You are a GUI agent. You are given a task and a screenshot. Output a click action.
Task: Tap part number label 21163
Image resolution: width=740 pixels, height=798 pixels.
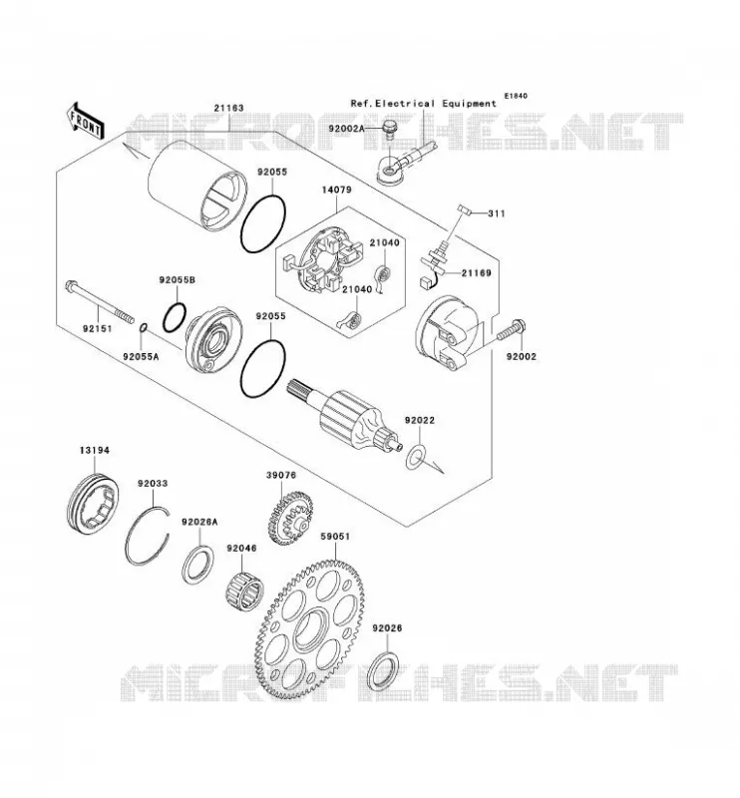pyautogui.click(x=228, y=108)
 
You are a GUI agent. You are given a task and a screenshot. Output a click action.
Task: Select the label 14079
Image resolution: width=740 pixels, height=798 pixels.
pyautogui.click(x=336, y=190)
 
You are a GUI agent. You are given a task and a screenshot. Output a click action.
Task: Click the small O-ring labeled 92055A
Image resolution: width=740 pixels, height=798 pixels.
pyautogui.click(x=144, y=328)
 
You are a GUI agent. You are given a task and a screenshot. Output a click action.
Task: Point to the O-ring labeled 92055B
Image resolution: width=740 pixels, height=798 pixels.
pyautogui.click(x=176, y=318)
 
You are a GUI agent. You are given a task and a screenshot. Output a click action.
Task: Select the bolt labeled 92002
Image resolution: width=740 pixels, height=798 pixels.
pyautogui.click(x=511, y=330)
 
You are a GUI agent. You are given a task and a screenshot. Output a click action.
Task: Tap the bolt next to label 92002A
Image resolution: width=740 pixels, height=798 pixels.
pyautogui.click(x=389, y=130)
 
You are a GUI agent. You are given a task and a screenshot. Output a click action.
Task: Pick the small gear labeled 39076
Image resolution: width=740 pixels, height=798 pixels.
pyautogui.click(x=289, y=518)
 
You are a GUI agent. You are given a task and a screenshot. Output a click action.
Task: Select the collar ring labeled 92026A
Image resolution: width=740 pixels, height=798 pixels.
pyautogui.click(x=198, y=565)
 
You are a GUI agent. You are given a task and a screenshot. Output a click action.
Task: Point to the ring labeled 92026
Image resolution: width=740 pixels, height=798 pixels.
pyautogui.click(x=384, y=668)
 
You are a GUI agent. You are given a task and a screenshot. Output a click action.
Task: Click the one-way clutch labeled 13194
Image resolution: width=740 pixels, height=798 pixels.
pyautogui.click(x=93, y=504)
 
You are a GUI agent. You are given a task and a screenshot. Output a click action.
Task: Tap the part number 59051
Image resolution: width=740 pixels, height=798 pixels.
pyautogui.click(x=335, y=537)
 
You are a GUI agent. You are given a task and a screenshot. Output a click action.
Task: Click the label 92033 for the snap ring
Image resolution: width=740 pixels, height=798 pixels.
pyautogui.click(x=153, y=483)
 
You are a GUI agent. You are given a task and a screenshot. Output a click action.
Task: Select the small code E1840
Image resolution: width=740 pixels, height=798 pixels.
pyautogui.click(x=516, y=96)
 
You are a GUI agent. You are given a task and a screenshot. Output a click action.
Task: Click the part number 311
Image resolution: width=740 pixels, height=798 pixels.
pyautogui.click(x=497, y=213)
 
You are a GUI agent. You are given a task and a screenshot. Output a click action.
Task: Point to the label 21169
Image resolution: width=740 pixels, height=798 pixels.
pyautogui.click(x=477, y=273)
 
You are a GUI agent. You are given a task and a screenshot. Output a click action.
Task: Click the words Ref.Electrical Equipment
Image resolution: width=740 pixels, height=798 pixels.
pyautogui.click(x=424, y=104)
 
